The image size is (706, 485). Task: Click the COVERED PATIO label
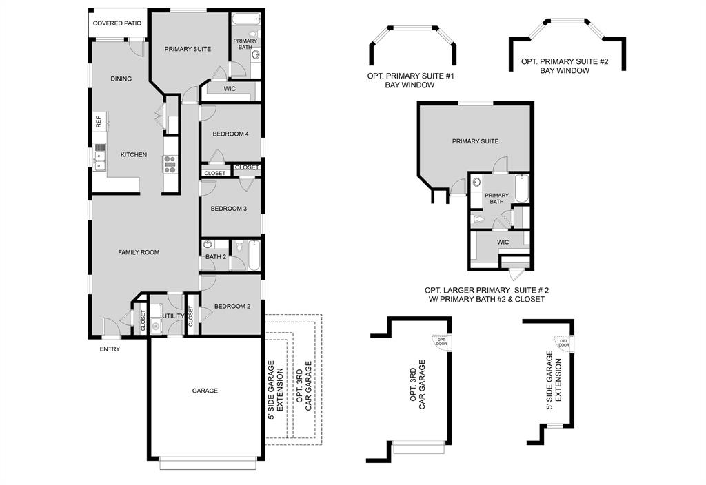click(x=117, y=23)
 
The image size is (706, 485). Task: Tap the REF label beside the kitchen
click(x=99, y=122)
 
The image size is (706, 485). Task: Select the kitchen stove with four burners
click(x=170, y=163)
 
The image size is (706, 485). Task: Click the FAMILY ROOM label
click(x=139, y=253)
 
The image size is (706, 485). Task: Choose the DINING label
click(x=121, y=79)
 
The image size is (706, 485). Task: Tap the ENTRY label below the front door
click(x=110, y=349)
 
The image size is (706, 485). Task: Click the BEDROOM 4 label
click(x=230, y=134)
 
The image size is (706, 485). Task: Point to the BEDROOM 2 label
click(x=232, y=307)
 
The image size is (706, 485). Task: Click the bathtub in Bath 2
click(x=254, y=254)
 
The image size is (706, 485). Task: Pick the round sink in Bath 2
click(x=208, y=245)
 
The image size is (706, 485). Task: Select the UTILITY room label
click(x=172, y=316)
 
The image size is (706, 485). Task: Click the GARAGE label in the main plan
click(x=205, y=391)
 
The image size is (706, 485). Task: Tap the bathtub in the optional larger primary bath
click(x=521, y=190)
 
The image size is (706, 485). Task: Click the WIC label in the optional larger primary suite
click(x=503, y=242)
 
